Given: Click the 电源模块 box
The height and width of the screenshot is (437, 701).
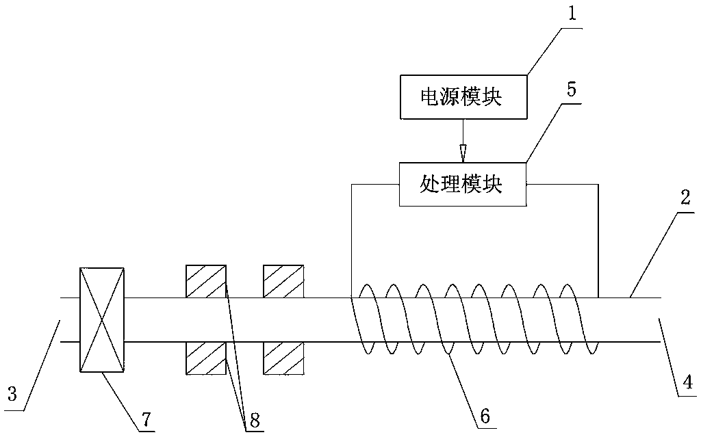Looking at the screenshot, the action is click(x=463, y=97).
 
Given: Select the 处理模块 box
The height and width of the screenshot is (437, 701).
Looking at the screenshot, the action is click(x=463, y=184).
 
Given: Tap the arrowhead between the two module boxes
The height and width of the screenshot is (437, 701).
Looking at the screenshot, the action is click(x=463, y=153).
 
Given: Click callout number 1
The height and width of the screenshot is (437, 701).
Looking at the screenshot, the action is click(x=573, y=13).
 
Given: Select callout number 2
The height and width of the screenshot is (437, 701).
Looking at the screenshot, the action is click(x=685, y=197).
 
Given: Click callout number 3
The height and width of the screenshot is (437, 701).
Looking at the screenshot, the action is click(x=12, y=394).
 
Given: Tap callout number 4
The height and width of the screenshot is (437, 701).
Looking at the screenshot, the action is click(x=688, y=382).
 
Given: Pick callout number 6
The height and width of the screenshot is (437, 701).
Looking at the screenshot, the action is click(x=485, y=416).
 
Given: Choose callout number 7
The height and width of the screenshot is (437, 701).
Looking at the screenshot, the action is click(x=146, y=419).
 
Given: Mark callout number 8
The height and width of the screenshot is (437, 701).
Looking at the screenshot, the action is click(x=255, y=420).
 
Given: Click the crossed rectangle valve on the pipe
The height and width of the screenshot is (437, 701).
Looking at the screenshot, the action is click(x=102, y=319).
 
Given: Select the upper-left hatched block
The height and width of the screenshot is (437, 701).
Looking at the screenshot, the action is click(x=206, y=281).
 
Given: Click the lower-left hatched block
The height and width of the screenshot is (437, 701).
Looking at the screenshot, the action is click(x=206, y=358).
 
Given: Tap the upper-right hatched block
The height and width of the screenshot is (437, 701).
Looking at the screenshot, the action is click(x=283, y=281).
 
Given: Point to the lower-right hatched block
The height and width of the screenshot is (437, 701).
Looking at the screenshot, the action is click(x=283, y=358).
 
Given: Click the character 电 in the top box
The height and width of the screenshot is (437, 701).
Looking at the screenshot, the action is click(x=430, y=97).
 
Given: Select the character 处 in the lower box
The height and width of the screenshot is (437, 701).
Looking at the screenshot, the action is click(x=429, y=184).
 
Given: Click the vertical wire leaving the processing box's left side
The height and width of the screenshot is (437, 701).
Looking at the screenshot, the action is click(x=352, y=241).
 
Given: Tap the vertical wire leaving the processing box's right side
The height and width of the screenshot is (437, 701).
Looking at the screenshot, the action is click(x=598, y=241).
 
